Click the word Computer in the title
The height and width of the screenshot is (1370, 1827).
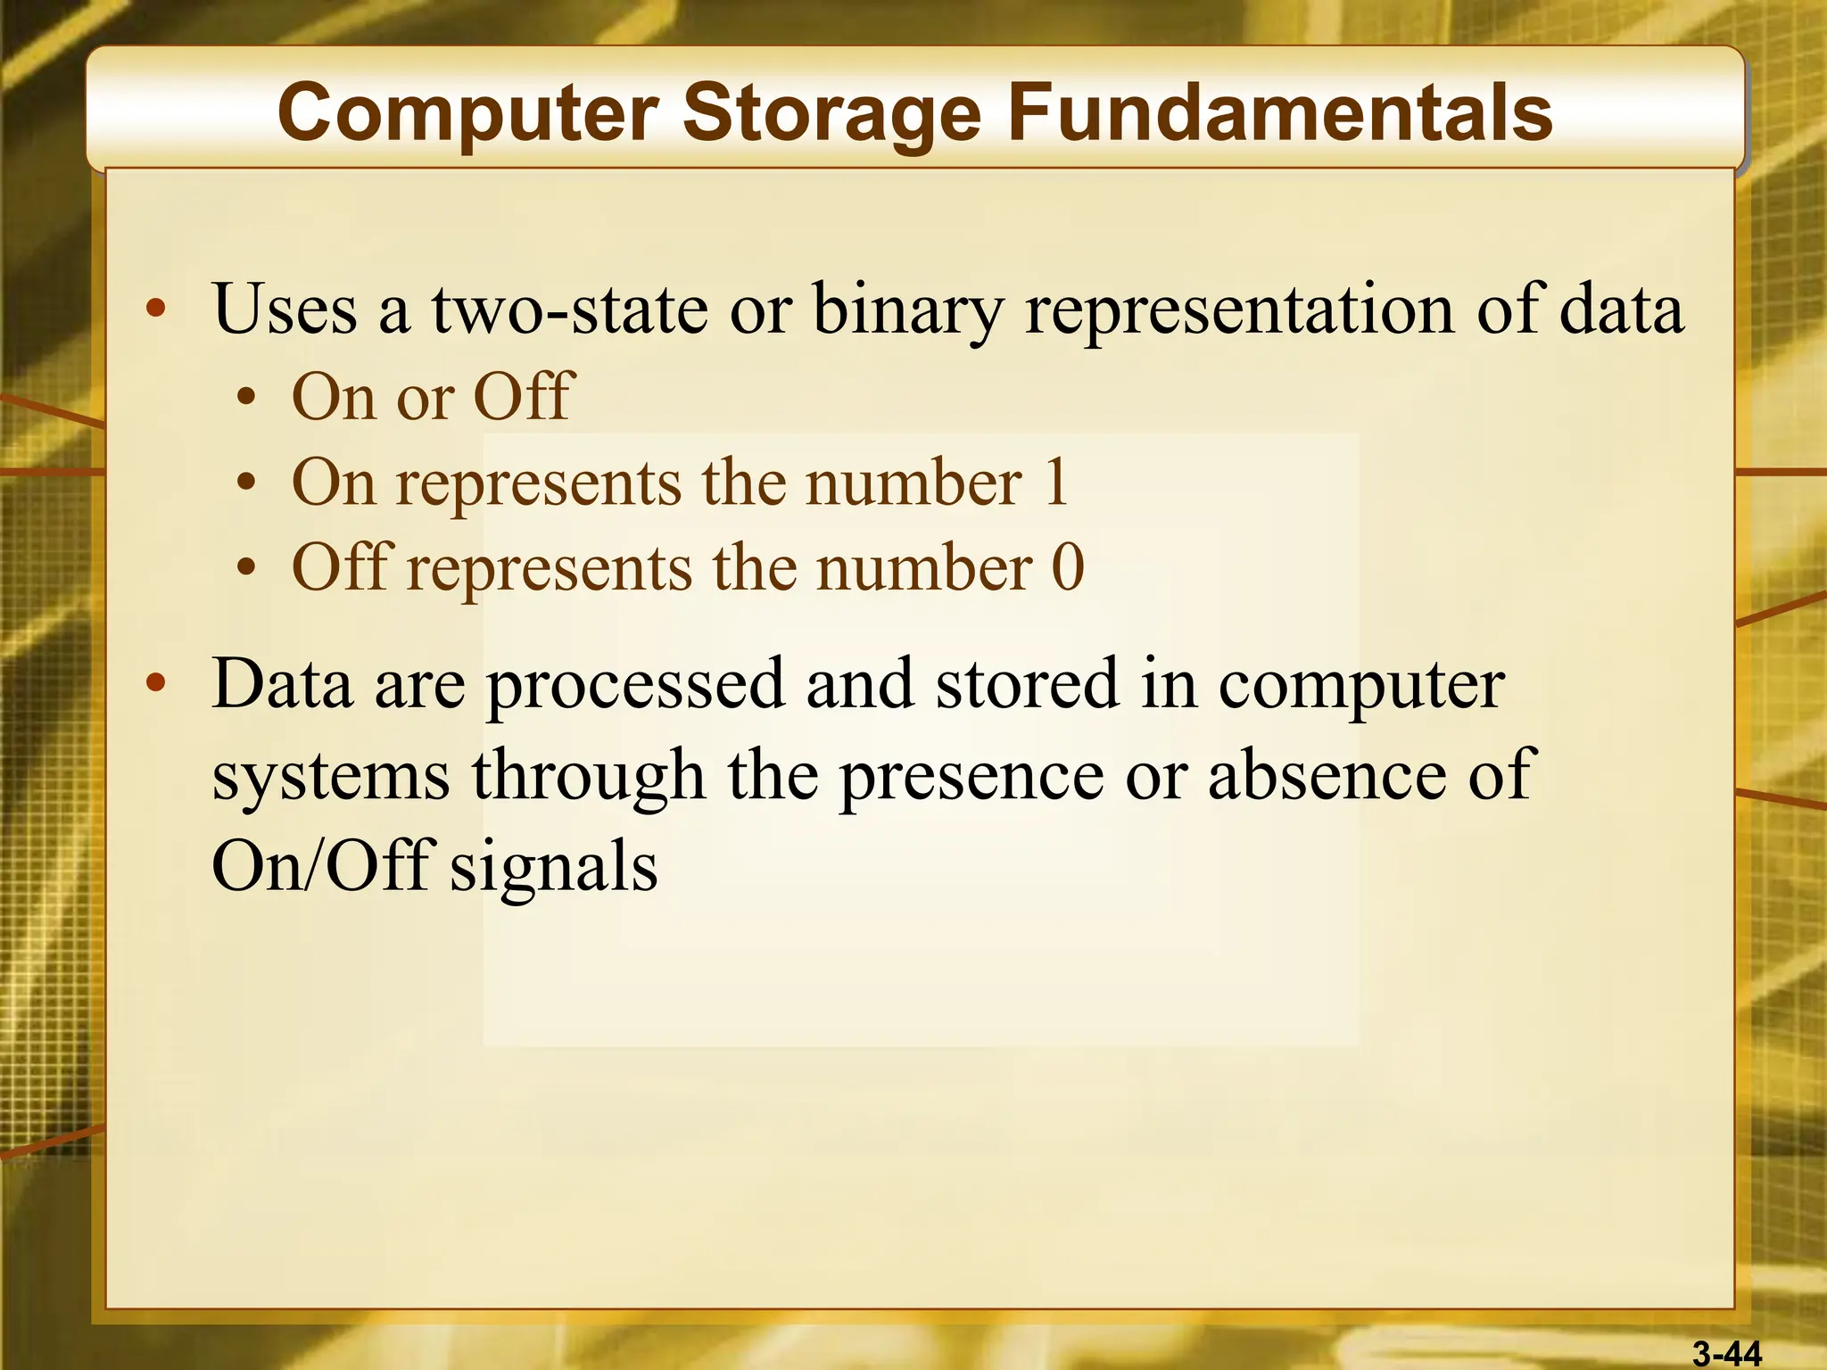467,114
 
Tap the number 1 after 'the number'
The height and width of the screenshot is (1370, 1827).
1056,483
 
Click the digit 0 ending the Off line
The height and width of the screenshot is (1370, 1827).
1068,567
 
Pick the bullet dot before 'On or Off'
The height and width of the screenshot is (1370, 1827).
247,398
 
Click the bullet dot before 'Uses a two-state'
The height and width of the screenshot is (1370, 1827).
156,309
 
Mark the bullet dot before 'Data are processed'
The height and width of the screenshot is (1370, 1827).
156,684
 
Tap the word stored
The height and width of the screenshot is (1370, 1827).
1027,683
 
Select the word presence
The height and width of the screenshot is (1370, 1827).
971,776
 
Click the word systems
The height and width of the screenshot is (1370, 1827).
331,776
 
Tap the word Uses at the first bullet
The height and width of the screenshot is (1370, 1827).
285,309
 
